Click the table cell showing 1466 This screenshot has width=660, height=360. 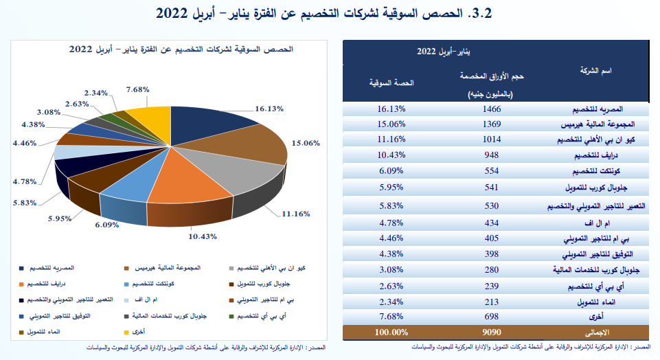pyautogui.click(x=492, y=109)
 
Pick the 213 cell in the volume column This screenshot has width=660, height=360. pyautogui.click(x=492, y=302)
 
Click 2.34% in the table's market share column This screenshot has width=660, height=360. pyautogui.click(x=392, y=302)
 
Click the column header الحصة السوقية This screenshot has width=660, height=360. pyautogui.click(x=392, y=83)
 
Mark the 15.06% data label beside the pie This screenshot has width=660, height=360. pyautogui.click(x=306, y=144)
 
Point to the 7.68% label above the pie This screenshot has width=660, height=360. pyautogui.click(x=138, y=89)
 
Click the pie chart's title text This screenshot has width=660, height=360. pyautogui.click(x=181, y=49)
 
